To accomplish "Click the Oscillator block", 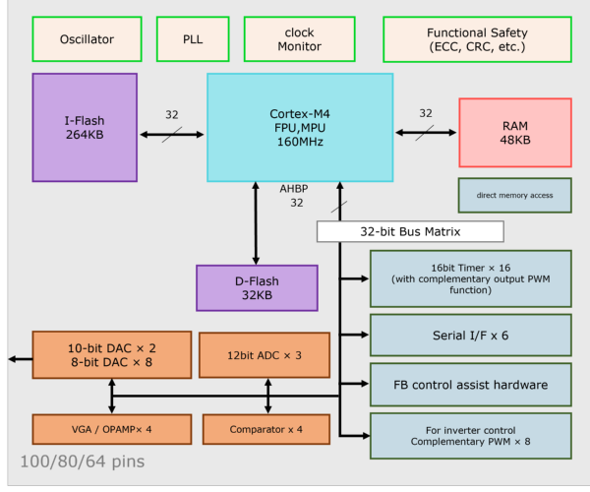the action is pos(87,39).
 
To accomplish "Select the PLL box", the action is pos(193,39).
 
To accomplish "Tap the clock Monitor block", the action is pos(300,39).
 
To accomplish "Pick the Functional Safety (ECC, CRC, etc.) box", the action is pos(477,39).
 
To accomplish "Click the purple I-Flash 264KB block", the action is pos(85,128).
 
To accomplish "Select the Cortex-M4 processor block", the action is pos(300,128).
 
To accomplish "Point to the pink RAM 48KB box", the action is pos(515,133).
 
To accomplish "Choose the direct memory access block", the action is pos(514,196).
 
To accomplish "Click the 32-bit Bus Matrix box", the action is pos(410,231).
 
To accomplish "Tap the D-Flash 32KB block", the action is pos(257,288).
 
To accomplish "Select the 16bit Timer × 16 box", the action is pos(471,278).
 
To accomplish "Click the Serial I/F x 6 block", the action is pos(471,335).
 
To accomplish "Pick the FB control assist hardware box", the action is pos(471,385).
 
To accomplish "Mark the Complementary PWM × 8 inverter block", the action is pos(471,436).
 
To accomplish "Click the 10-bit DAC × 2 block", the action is pos(112,355).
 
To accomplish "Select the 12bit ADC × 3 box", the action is pos(265,355).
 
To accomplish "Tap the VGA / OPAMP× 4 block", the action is pos(112,429).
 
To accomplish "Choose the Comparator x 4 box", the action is pos(266,429).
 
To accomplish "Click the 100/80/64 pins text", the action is pos(83,461).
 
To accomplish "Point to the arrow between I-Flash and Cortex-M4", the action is pos(172,135).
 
